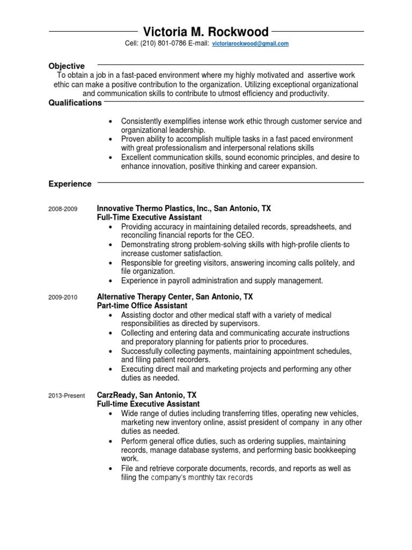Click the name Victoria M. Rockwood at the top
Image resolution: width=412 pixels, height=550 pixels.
coord(206,32)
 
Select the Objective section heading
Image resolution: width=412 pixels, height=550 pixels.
coord(67,66)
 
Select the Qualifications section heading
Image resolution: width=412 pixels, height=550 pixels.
coord(75,103)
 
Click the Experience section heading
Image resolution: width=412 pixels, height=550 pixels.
coord(70,184)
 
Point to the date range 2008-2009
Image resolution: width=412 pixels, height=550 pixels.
coord(63,208)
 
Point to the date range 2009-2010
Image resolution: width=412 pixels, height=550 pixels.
coord(63,296)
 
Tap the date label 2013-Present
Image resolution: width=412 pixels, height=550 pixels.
coord(67,396)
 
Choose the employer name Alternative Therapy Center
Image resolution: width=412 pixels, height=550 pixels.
coord(145,296)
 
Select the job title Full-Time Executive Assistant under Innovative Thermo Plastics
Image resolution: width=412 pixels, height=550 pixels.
coord(150,217)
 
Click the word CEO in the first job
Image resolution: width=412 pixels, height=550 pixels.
coord(244,235)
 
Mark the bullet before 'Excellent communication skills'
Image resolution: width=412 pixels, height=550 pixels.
coord(111,158)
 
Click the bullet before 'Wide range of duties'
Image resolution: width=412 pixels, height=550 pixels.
coord(111,413)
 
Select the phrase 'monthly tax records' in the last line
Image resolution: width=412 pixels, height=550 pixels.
coord(219,477)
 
